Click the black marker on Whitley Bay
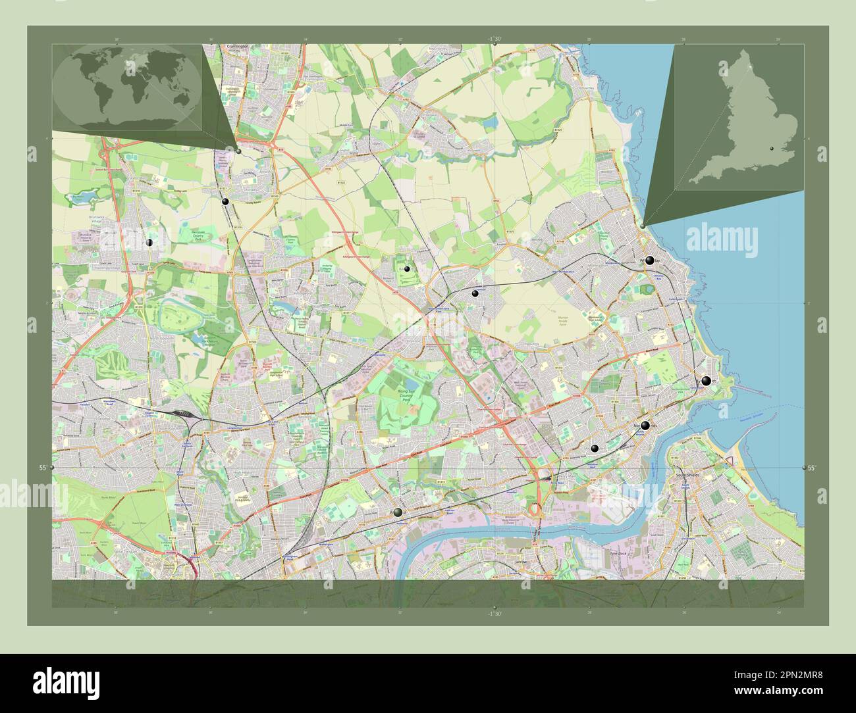(x=650, y=260)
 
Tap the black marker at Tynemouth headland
(x=706, y=381)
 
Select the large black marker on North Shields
(x=645, y=426)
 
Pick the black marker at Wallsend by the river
(x=397, y=512)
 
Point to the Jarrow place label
(x=522, y=563)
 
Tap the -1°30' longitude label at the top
(x=495, y=39)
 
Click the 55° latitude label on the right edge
(x=814, y=468)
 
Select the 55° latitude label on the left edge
(x=41, y=468)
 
